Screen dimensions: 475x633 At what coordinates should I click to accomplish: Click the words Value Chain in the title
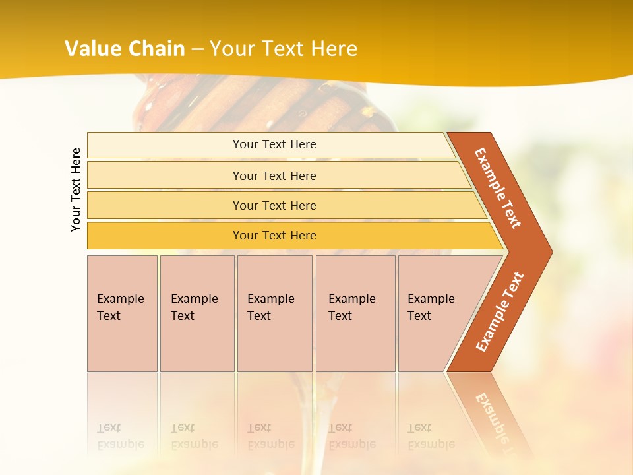coord(125,49)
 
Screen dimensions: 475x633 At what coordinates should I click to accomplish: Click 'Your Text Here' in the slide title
coord(284,49)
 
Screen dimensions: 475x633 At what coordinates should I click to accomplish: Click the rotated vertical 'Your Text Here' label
coord(76,189)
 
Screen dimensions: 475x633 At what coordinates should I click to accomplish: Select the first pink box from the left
coord(122,313)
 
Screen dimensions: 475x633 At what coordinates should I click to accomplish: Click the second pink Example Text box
coord(197,313)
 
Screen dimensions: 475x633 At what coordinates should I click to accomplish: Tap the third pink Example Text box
coord(274,313)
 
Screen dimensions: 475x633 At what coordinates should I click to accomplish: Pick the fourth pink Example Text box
coord(355,313)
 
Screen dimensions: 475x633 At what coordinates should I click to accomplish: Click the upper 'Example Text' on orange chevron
coord(498,188)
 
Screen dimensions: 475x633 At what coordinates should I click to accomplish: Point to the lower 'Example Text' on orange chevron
coord(500,311)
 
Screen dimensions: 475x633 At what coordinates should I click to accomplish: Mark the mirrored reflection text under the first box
coord(121,436)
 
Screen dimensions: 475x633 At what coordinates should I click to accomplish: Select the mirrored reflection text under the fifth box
coord(431,436)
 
